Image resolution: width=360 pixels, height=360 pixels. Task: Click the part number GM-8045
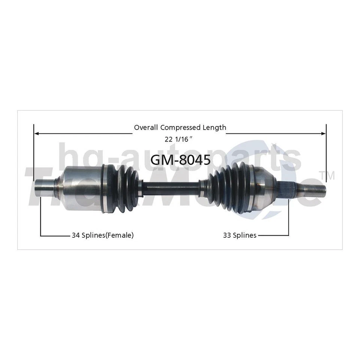180,160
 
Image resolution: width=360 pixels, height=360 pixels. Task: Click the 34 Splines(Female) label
103,235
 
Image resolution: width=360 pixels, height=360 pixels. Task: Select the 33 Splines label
240,235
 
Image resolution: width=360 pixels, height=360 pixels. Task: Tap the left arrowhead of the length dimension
36,133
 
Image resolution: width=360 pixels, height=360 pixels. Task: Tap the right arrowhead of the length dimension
324,133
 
